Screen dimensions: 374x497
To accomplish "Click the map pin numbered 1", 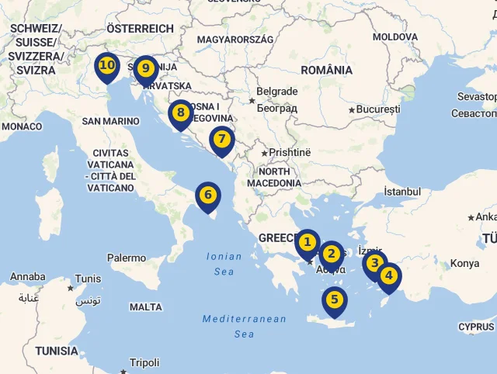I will [x=308, y=243].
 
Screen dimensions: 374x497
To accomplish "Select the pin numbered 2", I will [x=332, y=254].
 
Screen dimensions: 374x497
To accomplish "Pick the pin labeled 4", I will [x=388, y=275].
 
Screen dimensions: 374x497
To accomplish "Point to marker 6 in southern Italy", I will [x=207, y=196].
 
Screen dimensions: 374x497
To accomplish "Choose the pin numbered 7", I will [x=222, y=140].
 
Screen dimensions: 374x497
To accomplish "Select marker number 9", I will [x=145, y=69].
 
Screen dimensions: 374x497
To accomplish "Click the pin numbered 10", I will [x=107, y=66].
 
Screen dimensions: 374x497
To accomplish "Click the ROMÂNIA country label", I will [x=327, y=70].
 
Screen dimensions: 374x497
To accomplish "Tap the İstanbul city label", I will [x=402, y=192].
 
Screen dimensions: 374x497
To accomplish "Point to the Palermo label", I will [x=127, y=258].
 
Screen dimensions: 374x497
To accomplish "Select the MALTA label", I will [x=146, y=307].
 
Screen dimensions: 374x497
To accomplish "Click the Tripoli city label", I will [x=144, y=362].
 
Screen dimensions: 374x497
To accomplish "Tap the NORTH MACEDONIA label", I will [x=274, y=177].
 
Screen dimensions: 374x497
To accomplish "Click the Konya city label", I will [x=464, y=263].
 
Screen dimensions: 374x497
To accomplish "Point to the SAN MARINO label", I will [x=110, y=121].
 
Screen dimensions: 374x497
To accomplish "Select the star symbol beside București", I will [x=352, y=110].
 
